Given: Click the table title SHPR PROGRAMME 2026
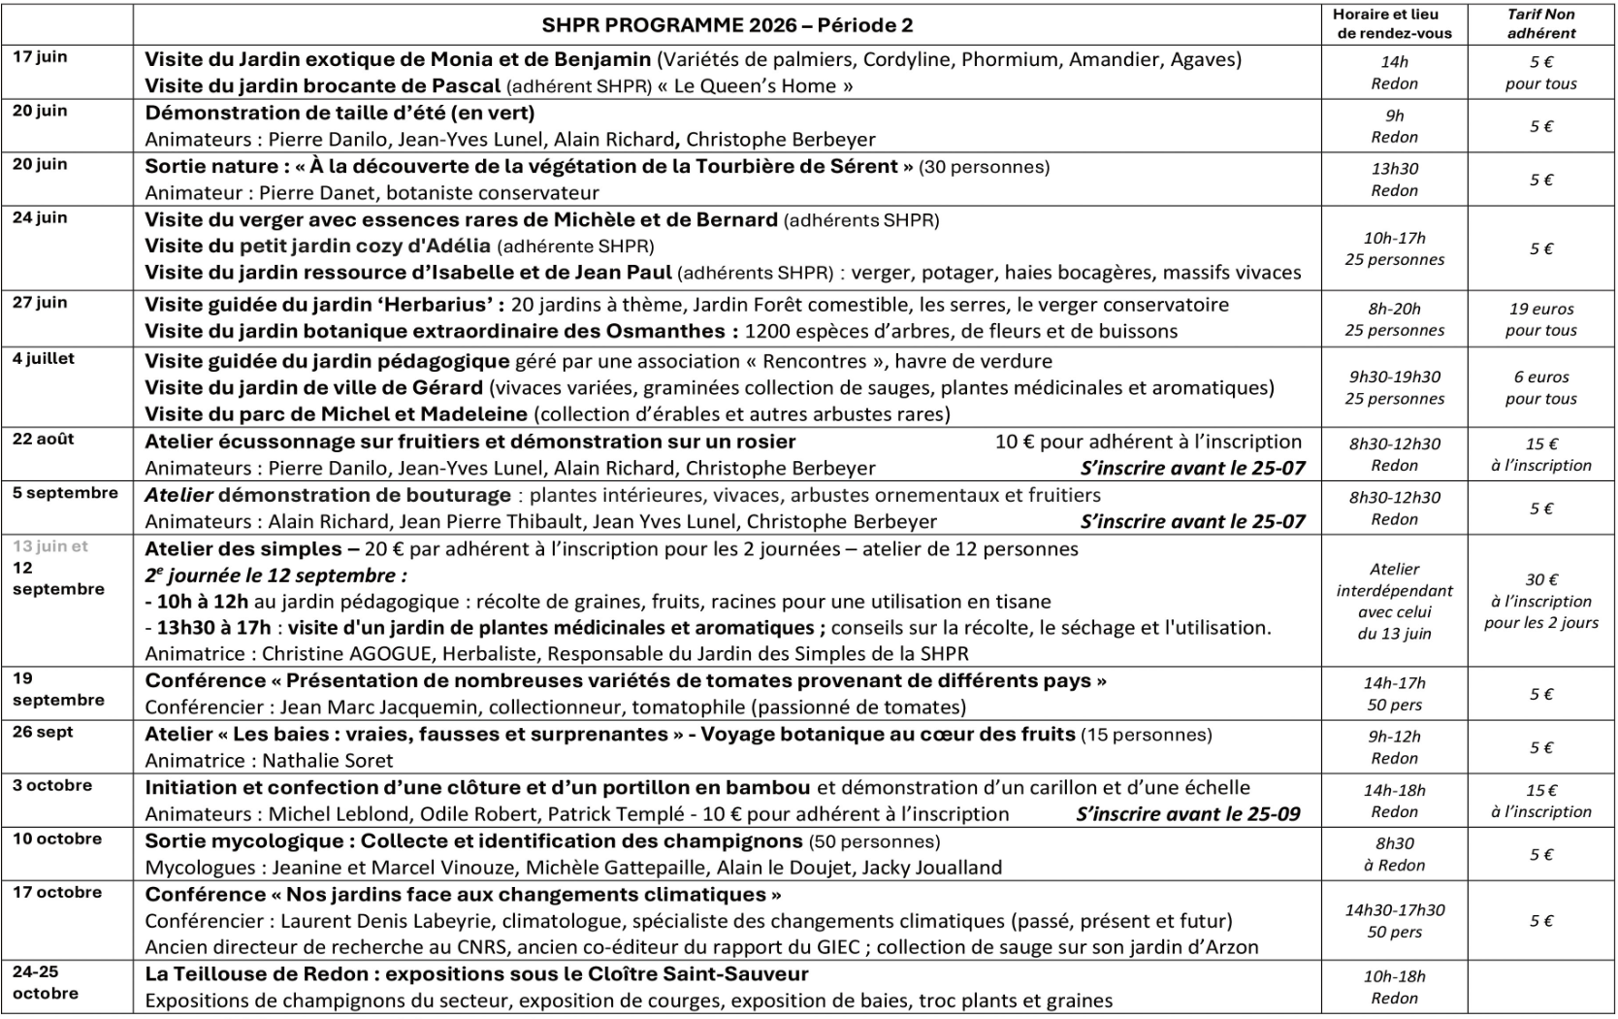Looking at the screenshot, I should click(x=727, y=25).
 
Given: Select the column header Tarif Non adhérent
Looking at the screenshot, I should click(x=1540, y=24).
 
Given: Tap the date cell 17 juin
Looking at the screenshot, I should click(x=40, y=56).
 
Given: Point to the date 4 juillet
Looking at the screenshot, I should click(x=44, y=358).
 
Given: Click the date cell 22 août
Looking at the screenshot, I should click(x=44, y=439).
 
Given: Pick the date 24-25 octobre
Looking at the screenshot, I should click(x=46, y=981).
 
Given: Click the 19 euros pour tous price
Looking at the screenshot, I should click(x=1540, y=319).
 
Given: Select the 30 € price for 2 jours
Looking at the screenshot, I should click(x=1540, y=601).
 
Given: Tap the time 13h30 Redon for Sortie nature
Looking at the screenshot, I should click(x=1394, y=179).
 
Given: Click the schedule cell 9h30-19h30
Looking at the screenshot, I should click(x=1394, y=387).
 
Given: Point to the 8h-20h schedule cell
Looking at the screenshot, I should click(x=1394, y=319).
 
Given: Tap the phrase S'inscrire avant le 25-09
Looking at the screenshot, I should click(x=1187, y=814).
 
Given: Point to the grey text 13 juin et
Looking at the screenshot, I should click(x=50, y=545).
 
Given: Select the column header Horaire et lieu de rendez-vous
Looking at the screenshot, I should click(x=1394, y=24).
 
